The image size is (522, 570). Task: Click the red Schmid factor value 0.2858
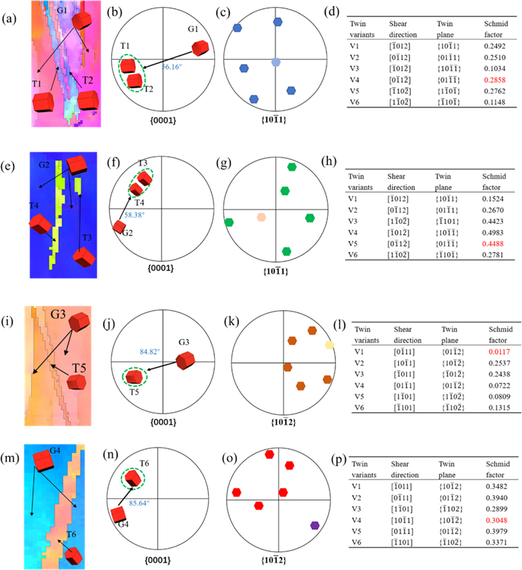(x=495, y=80)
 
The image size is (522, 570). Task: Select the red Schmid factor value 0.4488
(x=492, y=244)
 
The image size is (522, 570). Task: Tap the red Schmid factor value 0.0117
(x=499, y=352)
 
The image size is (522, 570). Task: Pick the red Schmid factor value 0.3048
(x=496, y=520)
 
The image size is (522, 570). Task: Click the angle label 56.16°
(x=172, y=67)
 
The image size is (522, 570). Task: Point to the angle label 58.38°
(x=134, y=215)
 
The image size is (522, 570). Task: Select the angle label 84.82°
(x=150, y=352)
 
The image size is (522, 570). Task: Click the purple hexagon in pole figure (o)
(x=315, y=525)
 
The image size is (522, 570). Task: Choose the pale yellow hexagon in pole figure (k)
(x=329, y=345)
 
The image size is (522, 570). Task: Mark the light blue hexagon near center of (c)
(x=276, y=62)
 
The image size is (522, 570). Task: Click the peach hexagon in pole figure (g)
(x=261, y=217)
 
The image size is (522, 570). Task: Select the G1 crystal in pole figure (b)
(x=200, y=48)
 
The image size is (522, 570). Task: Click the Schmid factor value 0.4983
(x=492, y=233)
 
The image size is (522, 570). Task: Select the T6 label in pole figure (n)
(x=144, y=463)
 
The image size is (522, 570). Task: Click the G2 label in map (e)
(x=44, y=165)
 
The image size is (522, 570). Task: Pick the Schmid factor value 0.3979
(x=496, y=531)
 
